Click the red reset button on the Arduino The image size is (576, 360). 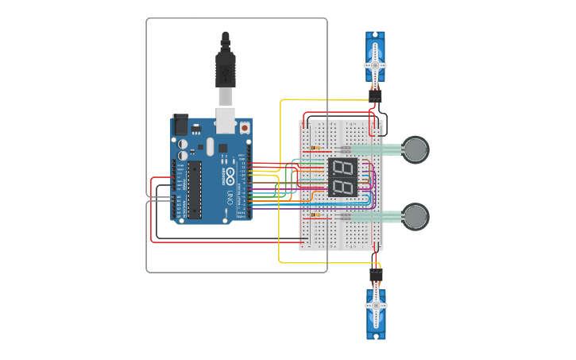coord(245,127)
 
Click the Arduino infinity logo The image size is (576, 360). coord(230,174)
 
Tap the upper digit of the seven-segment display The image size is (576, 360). coord(342,168)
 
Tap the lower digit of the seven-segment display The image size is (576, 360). coord(342,188)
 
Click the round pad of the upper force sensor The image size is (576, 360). coord(416,149)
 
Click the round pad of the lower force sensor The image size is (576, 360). coord(416,216)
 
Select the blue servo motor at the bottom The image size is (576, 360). coord(376,313)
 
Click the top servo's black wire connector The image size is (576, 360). coord(374,95)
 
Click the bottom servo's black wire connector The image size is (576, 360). coord(376,275)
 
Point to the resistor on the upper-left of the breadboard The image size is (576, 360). coord(317,149)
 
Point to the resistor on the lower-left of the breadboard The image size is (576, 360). coord(317,215)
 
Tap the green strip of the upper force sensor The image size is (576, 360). coord(377,149)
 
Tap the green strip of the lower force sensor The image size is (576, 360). coord(377,216)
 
